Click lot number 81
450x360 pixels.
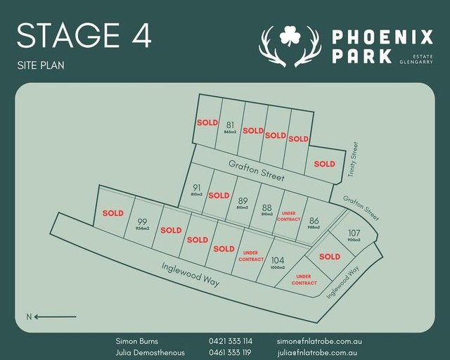tap(229, 125)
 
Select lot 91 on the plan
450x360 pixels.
tap(196, 188)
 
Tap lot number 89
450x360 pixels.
tap(243, 200)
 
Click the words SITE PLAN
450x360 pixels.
tap(41, 65)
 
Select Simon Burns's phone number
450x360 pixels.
tap(230, 341)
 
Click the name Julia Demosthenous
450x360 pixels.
tap(150, 352)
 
